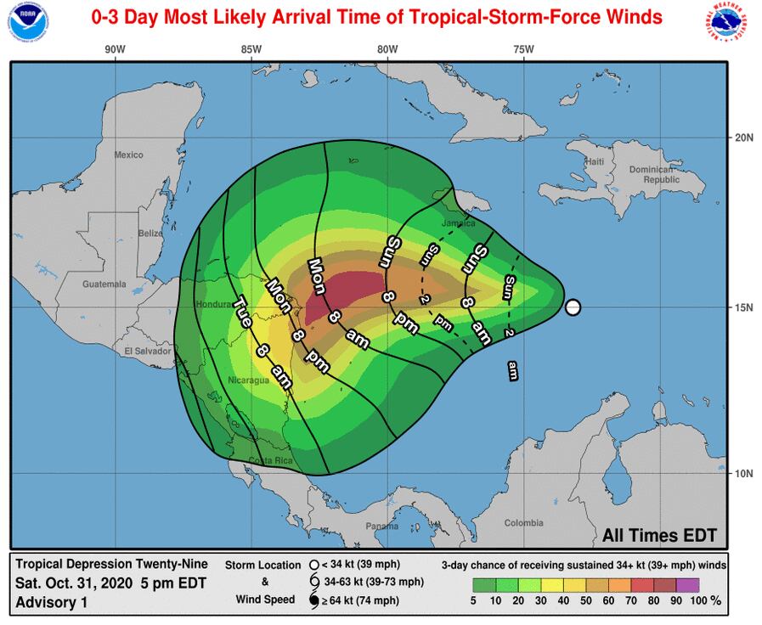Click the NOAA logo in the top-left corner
24,23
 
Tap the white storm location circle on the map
573,307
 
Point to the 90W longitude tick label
115,49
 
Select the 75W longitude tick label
523,49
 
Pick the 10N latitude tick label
744,473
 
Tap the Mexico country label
129,155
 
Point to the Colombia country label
523,523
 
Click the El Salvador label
142,351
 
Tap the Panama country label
381,526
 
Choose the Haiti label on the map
594,161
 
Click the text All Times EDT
659,536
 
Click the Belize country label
150,233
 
